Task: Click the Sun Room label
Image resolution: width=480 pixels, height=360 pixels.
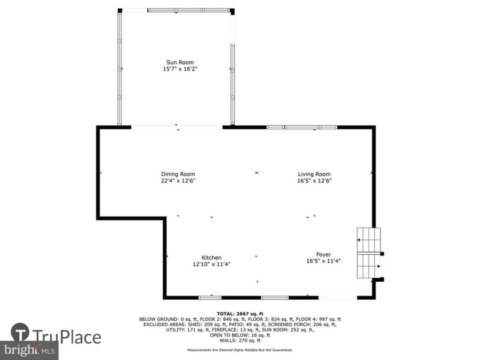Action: click(x=179, y=62)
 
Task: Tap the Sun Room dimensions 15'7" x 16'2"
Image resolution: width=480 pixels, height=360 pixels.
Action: click(x=179, y=69)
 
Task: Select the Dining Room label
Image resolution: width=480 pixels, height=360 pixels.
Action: click(x=177, y=174)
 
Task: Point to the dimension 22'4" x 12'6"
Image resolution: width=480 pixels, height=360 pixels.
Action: click(x=177, y=181)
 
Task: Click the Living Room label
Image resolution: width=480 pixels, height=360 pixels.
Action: click(x=314, y=174)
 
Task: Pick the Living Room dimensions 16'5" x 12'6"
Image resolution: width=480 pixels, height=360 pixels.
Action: click(x=314, y=181)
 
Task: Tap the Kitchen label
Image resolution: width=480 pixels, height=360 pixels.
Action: click(x=211, y=258)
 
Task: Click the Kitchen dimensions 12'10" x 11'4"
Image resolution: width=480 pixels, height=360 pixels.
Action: click(x=211, y=264)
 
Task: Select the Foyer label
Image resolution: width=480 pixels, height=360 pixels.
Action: click(x=323, y=255)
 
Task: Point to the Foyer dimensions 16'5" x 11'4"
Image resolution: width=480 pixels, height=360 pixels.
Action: click(x=323, y=261)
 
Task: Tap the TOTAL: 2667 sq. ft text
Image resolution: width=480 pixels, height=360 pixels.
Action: click(x=240, y=314)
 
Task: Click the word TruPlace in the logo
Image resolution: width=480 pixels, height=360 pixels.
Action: click(x=67, y=337)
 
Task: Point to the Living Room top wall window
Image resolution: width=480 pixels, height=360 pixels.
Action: click(x=302, y=127)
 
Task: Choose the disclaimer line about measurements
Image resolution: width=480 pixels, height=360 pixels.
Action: click(x=240, y=350)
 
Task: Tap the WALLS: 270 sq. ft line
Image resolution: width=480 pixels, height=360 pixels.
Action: click(x=240, y=340)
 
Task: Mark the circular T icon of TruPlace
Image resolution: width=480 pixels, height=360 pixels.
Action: click(x=21, y=332)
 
